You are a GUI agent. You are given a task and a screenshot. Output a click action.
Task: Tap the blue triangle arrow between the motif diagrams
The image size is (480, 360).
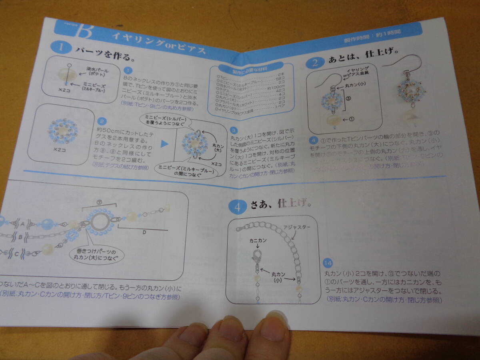164,144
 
